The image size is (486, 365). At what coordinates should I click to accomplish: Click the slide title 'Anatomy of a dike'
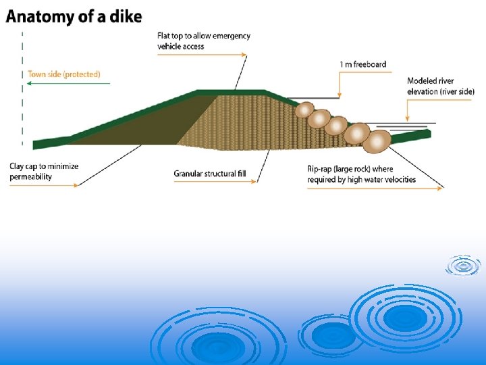click(74, 16)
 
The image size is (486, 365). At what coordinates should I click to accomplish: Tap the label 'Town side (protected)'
click(64, 74)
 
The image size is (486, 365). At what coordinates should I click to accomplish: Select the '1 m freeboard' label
click(363, 65)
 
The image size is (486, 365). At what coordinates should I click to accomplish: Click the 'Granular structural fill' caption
click(210, 174)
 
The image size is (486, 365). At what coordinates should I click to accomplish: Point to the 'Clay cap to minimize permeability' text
click(44, 171)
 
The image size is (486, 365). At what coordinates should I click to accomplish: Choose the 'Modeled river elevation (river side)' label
click(441, 86)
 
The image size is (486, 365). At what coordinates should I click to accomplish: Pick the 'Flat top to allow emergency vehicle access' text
click(203, 41)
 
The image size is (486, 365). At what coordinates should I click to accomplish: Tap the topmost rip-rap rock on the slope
click(306, 109)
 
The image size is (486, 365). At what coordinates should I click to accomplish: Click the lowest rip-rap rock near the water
click(377, 141)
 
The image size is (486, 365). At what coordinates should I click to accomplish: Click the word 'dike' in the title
click(127, 16)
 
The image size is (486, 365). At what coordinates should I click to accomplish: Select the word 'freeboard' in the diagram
click(371, 65)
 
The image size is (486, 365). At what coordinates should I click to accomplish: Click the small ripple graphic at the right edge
click(463, 266)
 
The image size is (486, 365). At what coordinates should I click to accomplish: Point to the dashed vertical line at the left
click(23, 88)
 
